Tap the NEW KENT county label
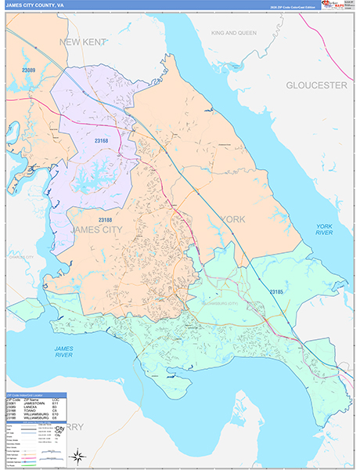pyautogui.click(x=81, y=42)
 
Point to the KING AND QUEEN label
pyautogui.click(x=234, y=33)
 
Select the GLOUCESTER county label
pyautogui.click(x=315, y=85)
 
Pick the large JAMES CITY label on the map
pyautogui.click(x=96, y=230)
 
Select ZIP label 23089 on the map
pyautogui.click(x=29, y=70)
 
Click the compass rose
pyautogui.click(x=77, y=455)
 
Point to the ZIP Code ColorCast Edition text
pyautogui.click(x=294, y=5)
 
